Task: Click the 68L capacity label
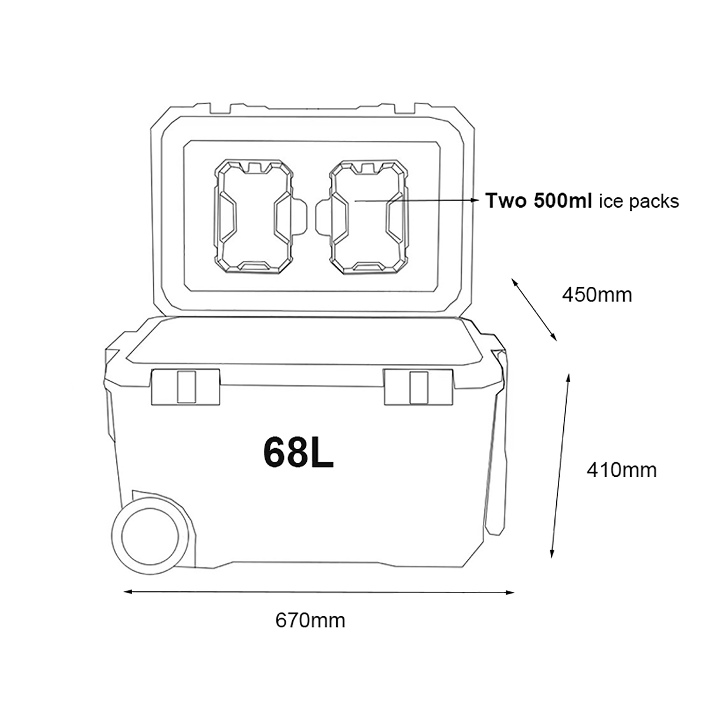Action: pyautogui.click(x=298, y=452)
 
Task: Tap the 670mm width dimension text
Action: pyautogui.click(x=310, y=620)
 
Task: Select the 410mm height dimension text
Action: pyautogui.click(x=621, y=470)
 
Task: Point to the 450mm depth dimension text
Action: pyautogui.click(x=597, y=295)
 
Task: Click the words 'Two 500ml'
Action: pyautogui.click(x=539, y=201)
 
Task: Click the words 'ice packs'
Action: pyautogui.click(x=639, y=202)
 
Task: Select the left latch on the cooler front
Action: pyautogui.click(x=185, y=387)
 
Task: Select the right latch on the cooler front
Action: pyautogui.click(x=418, y=387)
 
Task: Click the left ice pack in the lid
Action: pyautogui.click(x=253, y=217)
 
